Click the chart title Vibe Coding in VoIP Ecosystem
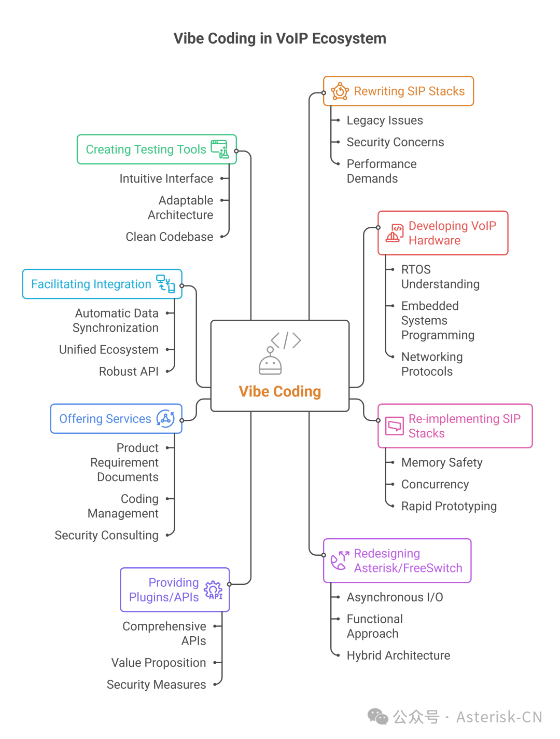tap(279, 38)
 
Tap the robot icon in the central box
tap(270, 361)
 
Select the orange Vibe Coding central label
tap(279, 391)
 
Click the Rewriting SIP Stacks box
tap(398, 91)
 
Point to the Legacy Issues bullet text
tap(384, 120)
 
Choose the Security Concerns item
tap(395, 142)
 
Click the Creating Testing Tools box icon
tap(220, 149)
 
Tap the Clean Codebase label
tap(169, 237)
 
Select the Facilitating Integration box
tap(102, 284)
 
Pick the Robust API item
tap(129, 372)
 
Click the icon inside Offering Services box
tap(165, 419)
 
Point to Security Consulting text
tap(106, 535)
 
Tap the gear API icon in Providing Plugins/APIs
tap(213, 590)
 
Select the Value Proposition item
tap(158, 663)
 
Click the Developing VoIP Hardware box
tap(443, 233)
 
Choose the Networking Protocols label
tap(431, 364)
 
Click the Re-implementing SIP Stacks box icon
tap(395, 426)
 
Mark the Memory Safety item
tap(441, 462)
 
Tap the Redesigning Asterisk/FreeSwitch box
tap(397, 560)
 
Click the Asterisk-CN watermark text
tap(498, 717)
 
